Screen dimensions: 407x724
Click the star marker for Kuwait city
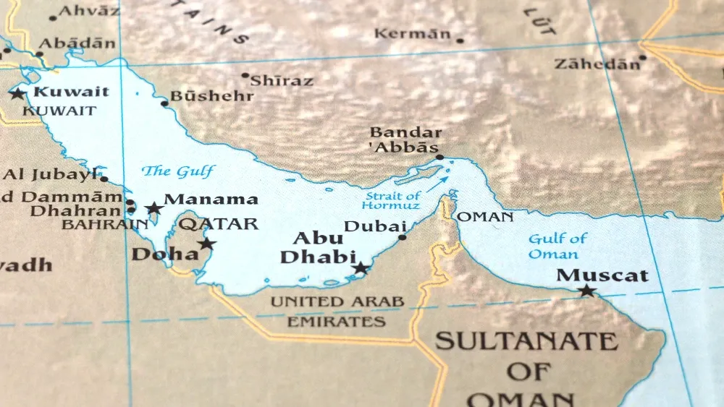[17, 94]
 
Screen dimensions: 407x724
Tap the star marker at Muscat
[586, 291]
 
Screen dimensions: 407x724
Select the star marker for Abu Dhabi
[361, 269]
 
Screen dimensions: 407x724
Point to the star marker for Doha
[207, 244]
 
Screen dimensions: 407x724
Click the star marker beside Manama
[153, 209]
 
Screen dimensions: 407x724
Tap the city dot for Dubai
[403, 236]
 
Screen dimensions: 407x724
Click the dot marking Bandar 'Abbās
[439, 157]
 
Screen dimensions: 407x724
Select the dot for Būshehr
[164, 103]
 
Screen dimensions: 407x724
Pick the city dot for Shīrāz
[245, 75]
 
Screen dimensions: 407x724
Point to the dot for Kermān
[460, 40]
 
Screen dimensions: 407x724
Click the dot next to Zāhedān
[642, 58]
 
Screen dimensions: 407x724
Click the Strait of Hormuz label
[392, 201]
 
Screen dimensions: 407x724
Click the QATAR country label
[219, 224]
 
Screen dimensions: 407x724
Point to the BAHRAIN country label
[104, 225]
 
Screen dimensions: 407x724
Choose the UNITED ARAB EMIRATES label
[337, 311]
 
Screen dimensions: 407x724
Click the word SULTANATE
[527, 341]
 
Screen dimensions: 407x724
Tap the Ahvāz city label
[88, 11]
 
